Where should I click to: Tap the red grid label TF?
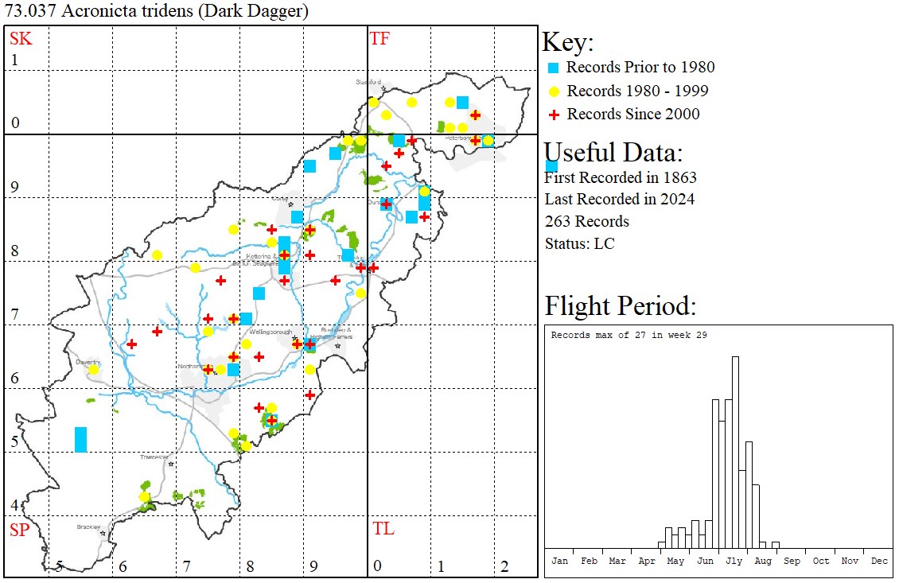pyautogui.click(x=379, y=37)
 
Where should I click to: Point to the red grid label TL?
pyautogui.click(x=383, y=529)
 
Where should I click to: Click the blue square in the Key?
pyautogui.click(x=554, y=68)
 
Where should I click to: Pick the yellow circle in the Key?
pyautogui.click(x=554, y=91)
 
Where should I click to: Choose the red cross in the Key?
pyautogui.click(x=554, y=115)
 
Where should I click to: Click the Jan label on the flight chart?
pyautogui.click(x=559, y=561)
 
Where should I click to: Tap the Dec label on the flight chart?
pyautogui.click(x=879, y=561)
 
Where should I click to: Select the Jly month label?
pyautogui.click(x=734, y=561)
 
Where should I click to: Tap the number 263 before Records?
pyautogui.click(x=559, y=222)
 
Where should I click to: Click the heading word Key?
pyautogui.click(x=568, y=42)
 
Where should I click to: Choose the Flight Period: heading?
pyautogui.click(x=621, y=306)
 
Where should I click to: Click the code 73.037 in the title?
pyautogui.click(x=29, y=11)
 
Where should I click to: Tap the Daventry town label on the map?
pyautogui.click(x=87, y=361)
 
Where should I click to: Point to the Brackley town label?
pyautogui.click(x=88, y=527)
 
